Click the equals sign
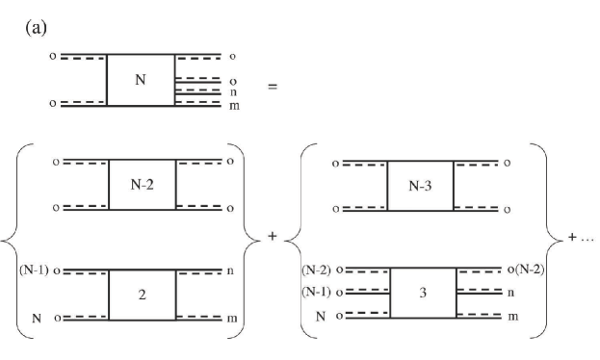coord(273,86)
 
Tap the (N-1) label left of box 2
coord(35,270)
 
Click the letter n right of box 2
coord(233,270)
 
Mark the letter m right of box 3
coord(511,316)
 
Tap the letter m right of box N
coord(233,104)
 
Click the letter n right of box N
coord(233,91)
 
